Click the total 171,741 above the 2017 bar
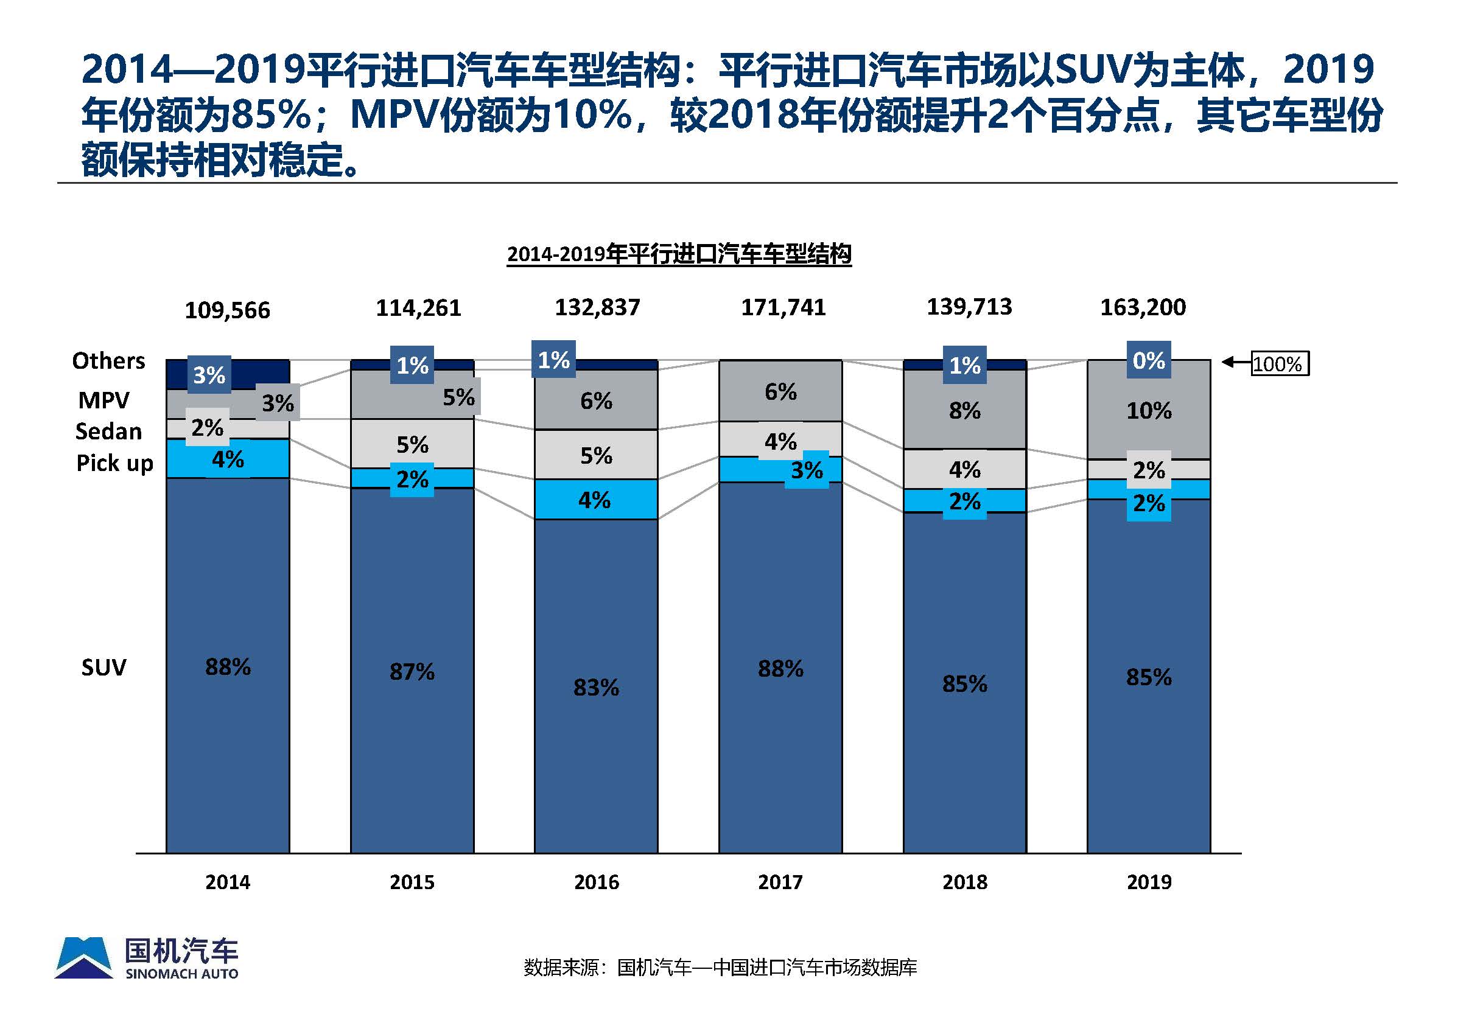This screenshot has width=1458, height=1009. (783, 308)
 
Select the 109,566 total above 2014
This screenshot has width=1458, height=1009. (227, 310)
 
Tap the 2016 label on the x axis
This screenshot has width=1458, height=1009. (596, 882)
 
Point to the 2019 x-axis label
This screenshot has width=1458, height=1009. (1149, 882)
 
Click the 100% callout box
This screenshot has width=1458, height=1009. (1280, 364)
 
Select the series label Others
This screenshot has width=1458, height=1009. (109, 361)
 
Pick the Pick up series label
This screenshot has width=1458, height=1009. (114, 463)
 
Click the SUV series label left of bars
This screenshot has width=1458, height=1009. (103, 668)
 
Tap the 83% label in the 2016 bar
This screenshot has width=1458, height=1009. (595, 688)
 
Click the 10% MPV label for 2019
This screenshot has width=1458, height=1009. (1149, 411)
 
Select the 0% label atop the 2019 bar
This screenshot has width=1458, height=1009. (1148, 360)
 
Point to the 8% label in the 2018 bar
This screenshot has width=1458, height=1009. (964, 411)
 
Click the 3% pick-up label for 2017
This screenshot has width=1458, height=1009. (807, 470)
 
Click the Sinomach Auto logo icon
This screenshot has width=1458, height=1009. (84, 958)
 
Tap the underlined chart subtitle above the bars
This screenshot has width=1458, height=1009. (679, 254)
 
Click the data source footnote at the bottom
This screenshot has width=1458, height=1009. (720, 968)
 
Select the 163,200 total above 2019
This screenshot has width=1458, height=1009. (1143, 308)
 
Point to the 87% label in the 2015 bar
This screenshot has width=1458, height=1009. (412, 672)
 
